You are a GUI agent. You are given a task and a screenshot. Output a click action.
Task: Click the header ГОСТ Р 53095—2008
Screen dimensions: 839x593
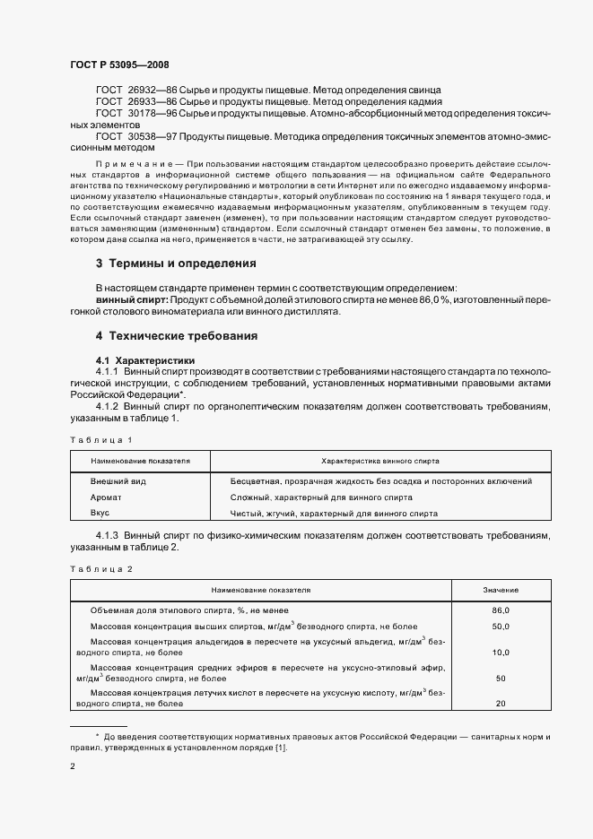pos(119,65)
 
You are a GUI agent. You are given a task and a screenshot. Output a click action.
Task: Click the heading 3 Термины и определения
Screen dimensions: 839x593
pos(176,264)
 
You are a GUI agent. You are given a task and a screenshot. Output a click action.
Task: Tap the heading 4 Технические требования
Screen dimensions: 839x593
pos(177,336)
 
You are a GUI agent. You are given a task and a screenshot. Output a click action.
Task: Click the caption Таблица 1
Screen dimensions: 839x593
pos(100,440)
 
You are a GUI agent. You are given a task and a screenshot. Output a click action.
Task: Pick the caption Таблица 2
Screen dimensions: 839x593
pos(100,570)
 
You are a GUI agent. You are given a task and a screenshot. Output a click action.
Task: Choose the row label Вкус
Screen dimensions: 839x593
pos(100,514)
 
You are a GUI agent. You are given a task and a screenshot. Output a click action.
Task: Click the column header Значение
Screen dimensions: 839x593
pos(500,591)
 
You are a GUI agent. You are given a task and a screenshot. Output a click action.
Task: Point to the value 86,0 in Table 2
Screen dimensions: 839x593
pos(501,610)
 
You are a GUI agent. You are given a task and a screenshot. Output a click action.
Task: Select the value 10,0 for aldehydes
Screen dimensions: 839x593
pos(501,653)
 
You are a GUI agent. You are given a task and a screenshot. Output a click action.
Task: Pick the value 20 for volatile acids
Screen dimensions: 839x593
pos(501,704)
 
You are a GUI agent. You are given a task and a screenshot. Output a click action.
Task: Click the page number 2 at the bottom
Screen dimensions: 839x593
pos(72,766)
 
